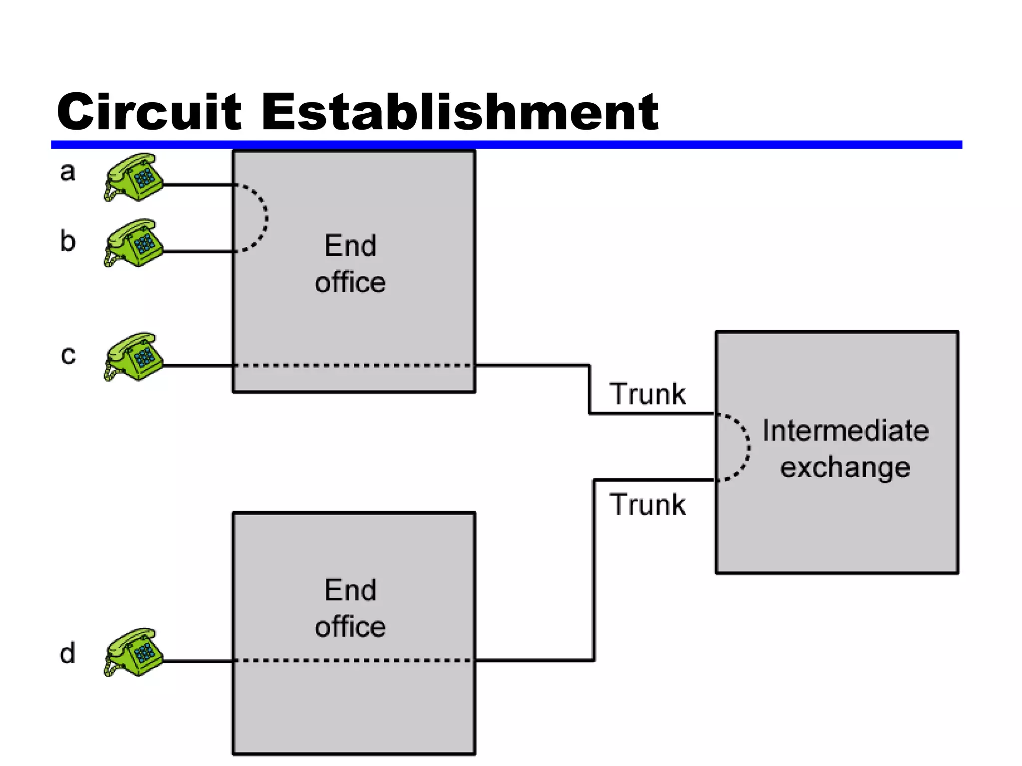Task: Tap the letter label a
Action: pyautogui.click(x=67, y=172)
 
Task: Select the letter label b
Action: pyautogui.click(x=67, y=241)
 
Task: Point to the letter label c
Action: pyautogui.click(x=68, y=355)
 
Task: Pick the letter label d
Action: pyautogui.click(x=67, y=653)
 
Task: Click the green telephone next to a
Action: pyautogui.click(x=133, y=177)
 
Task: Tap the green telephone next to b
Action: pyautogui.click(x=133, y=243)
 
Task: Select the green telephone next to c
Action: pyautogui.click(x=133, y=357)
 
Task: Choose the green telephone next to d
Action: pyautogui.click(x=133, y=652)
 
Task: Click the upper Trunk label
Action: pyautogui.click(x=647, y=394)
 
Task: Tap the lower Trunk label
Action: pyautogui.click(x=647, y=505)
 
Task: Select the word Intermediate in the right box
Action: pyautogui.click(x=845, y=431)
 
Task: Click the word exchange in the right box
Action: pyautogui.click(x=845, y=468)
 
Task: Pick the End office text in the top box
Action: pyautogui.click(x=350, y=264)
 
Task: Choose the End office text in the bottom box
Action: pyautogui.click(x=350, y=608)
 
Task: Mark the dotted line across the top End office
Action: pyautogui.click(x=354, y=366)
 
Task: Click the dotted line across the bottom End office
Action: pyautogui.click(x=354, y=660)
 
